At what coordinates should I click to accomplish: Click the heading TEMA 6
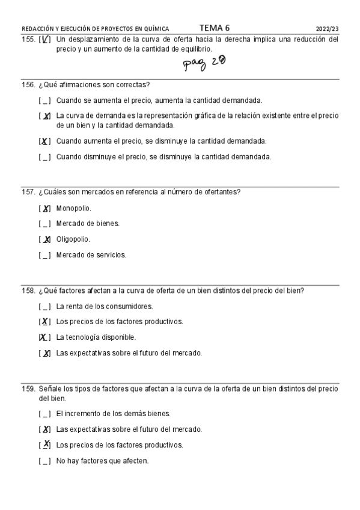pos(214,28)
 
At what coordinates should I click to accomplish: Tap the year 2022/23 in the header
pos(327,28)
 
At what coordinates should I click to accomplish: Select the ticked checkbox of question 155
pos(44,40)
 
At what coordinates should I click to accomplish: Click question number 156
pos(28,85)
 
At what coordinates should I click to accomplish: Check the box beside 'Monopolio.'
pos(44,209)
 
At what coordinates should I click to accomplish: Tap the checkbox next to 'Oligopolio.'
pos(44,239)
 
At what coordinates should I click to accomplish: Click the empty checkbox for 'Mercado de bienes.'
pos(44,224)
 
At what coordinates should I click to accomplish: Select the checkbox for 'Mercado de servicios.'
pos(44,255)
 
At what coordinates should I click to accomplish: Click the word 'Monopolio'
pos(73,208)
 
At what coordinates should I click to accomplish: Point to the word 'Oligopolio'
pos(73,239)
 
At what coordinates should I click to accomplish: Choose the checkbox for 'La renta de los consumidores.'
pos(44,306)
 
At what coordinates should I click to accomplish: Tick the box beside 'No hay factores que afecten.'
pos(44,461)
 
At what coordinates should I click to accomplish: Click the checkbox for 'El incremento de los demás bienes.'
pos(44,414)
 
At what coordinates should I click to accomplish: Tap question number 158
pos(28,290)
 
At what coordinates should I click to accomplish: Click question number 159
pos(28,389)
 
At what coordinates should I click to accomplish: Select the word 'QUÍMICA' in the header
pos(155,28)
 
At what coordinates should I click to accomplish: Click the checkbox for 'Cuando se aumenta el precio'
pos(44,100)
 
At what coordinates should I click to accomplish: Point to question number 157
pos(28,192)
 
